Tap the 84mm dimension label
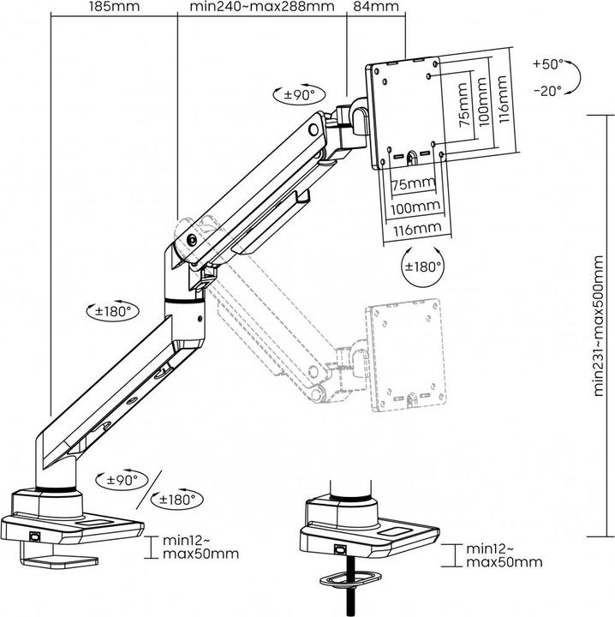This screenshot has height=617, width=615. [376, 8]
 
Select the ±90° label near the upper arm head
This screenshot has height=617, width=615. [301, 94]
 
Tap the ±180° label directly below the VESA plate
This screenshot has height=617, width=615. [423, 266]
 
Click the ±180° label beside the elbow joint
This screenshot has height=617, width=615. [112, 312]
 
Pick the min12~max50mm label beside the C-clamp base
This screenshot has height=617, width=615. [201, 546]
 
